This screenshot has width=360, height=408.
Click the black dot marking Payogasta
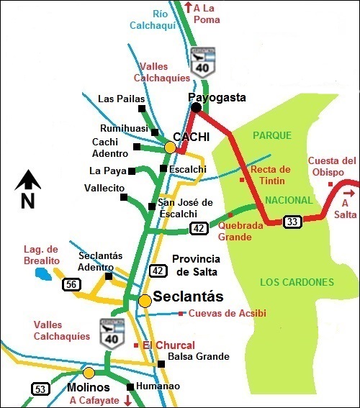click(x=196, y=108)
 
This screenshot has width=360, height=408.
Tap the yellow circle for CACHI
click(x=170, y=148)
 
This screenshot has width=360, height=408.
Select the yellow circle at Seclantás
click(x=145, y=301)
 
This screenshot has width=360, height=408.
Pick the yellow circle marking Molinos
click(x=89, y=373)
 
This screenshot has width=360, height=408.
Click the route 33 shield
click(x=292, y=221)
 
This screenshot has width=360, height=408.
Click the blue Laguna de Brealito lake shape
click(x=44, y=274)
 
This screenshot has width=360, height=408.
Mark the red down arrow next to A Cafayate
click(x=128, y=400)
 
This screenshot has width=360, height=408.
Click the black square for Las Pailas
click(x=143, y=109)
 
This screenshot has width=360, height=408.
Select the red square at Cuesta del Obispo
click(x=330, y=184)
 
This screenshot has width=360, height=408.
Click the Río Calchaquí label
click(x=153, y=19)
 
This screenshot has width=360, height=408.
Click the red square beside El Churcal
click(x=136, y=345)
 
